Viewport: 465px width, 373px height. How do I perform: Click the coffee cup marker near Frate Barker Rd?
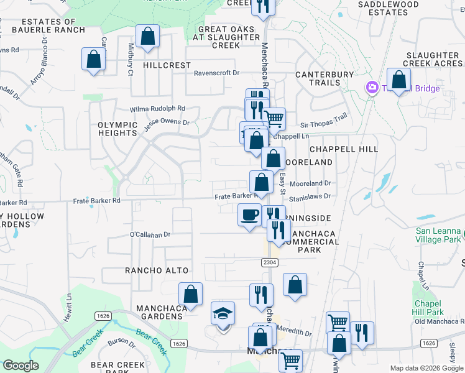249,215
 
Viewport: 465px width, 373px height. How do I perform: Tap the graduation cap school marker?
223,315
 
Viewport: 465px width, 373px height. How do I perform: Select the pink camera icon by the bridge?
372,87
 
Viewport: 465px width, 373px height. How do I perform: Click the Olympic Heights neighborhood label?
117,129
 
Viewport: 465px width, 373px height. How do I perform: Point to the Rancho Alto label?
153,270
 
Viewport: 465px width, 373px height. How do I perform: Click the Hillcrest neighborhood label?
167,65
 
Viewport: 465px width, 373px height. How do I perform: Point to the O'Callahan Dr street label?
149,234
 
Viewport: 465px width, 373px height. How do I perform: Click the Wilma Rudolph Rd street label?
157,108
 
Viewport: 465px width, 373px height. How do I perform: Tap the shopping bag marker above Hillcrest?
147,37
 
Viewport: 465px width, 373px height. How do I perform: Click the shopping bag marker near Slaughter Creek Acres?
398,80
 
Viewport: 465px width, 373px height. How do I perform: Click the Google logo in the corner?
20,366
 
